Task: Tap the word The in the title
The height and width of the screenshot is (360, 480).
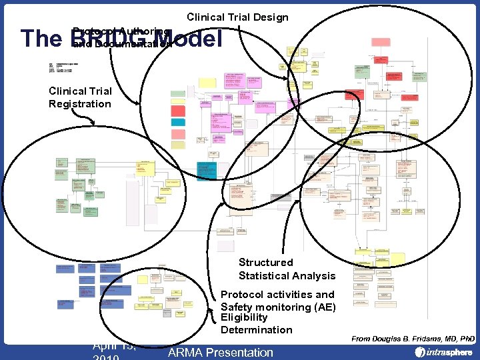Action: click(x=41, y=39)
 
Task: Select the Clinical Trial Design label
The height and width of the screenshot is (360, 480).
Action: click(x=237, y=17)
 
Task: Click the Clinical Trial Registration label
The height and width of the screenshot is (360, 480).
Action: click(x=80, y=97)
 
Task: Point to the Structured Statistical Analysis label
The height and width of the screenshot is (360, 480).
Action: click(x=287, y=269)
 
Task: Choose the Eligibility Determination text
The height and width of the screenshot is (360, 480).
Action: click(x=256, y=324)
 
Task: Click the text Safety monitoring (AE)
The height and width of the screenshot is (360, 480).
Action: click(x=278, y=307)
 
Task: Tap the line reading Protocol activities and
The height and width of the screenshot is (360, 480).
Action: click(x=277, y=295)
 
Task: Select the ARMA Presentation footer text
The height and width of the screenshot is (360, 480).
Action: click(x=221, y=352)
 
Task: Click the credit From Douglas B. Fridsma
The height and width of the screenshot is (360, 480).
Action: click(x=412, y=339)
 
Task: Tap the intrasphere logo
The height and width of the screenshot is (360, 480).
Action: click(x=443, y=352)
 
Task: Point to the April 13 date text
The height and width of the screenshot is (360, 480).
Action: click(x=114, y=345)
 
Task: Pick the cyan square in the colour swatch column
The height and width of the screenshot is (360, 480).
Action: click(x=177, y=122)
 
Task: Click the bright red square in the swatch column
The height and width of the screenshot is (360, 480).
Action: click(x=178, y=110)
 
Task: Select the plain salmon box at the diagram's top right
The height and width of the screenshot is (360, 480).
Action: click(x=381, y=42)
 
